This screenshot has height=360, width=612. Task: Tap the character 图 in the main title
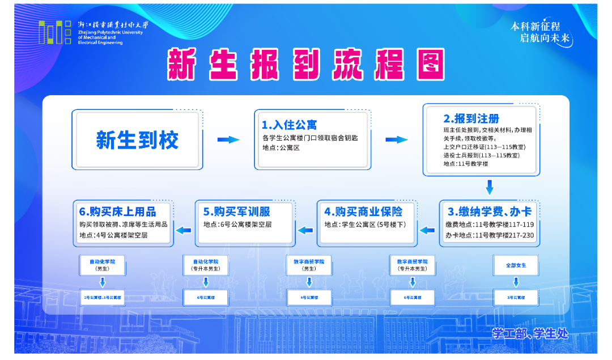tap(428, 64)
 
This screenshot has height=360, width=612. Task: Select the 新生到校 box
tap(137, 139)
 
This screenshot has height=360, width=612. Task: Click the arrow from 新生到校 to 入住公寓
tap(228, 139)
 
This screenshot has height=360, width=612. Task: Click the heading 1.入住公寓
tap(289, 124)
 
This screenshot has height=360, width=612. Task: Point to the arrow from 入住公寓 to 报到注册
tap(397, 139)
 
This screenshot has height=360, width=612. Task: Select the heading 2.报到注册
tap(471, 118)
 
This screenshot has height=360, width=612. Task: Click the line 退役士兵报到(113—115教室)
tap(482, 155)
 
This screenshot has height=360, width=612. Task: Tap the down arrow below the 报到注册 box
tap(490, 187)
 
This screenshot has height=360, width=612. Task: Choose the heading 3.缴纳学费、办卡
tap(490, 211)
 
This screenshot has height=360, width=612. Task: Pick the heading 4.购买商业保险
tap(363, 211)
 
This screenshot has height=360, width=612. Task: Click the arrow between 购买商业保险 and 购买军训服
tap(305, 230)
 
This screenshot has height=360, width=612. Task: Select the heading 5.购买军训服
tap(237, 211)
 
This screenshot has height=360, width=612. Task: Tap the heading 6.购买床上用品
tap(118, 211)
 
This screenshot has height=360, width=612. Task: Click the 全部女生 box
tap(516, 265)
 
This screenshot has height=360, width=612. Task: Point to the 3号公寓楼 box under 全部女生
tap(516, 297)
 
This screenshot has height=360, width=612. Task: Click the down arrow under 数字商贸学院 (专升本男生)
tap(412, 281)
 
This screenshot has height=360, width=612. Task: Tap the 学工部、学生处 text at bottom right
tap(529, 334)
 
